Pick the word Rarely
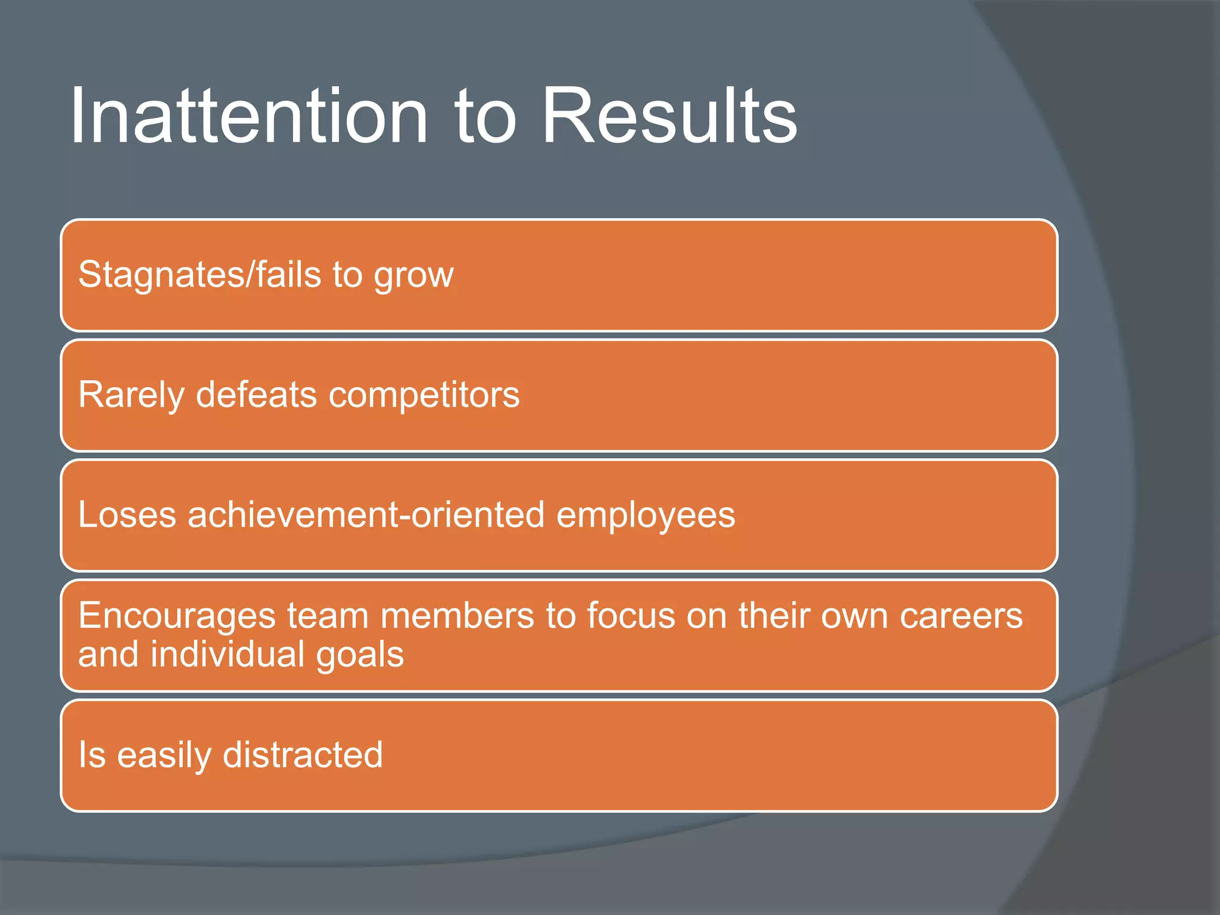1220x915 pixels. (131, 396)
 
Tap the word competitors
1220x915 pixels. (424, 396)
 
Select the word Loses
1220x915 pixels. (127, 515)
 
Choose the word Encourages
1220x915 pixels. (177, 617)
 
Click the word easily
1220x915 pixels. (164, 756)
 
